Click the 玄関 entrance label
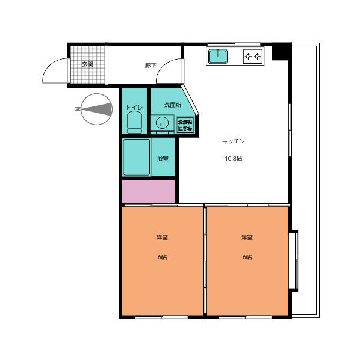[x=88, y=64]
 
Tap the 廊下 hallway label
[x=151, y=65]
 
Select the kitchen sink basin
[x=217, y=57]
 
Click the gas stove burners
[x=253, y=57]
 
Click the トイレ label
[x=134, y=108]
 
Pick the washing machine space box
[x=184, y=125]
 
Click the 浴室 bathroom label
[x=163, y=159]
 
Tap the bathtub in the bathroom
[x=136, y=157]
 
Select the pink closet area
[x=149, y=191]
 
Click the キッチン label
[x=234, y=141]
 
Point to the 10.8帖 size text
[x=234, y=159]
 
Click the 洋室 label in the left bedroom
[x=162, y=238]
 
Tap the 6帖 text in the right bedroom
[x=247, y=257]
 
